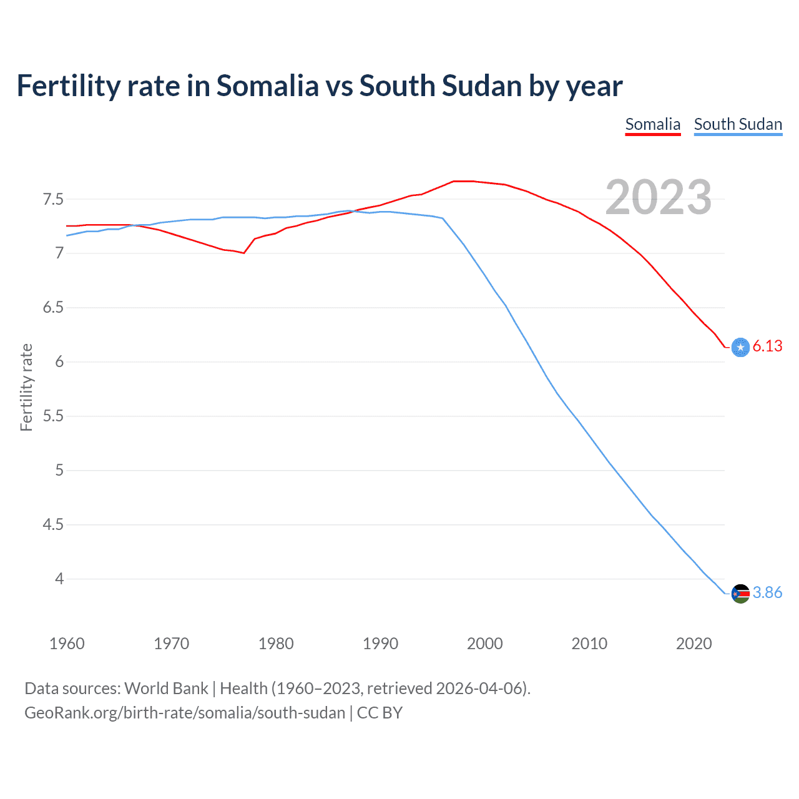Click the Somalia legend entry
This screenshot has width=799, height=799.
(x=652, y=124)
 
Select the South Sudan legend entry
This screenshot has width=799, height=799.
(x=738, y=124)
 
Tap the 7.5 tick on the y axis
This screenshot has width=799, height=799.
(x=53, y=199)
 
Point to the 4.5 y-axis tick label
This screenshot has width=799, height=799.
(x=53, y=524)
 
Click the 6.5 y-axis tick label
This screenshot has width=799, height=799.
(x=53, y=307)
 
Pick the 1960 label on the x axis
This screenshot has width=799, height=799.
(x=67, y=644)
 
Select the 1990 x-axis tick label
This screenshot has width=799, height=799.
(x=380, y=644)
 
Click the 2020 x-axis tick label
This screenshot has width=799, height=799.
(x=694, y=644)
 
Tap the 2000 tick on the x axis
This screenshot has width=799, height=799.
(x=484, y=644)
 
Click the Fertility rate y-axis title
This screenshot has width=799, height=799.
(x=26, y=387)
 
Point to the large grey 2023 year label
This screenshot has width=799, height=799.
(x=659, y=197)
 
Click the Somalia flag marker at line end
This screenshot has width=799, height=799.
(x=740, y=347)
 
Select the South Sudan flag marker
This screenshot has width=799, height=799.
(x=740, y=593)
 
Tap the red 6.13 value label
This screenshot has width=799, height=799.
(x=767, y=346)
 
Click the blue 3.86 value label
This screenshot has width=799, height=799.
(x=767, y=592)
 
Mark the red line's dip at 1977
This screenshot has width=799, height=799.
(x=243, y=253)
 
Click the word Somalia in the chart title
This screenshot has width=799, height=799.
(x=267, y=86)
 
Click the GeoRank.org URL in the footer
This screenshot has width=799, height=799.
(x=185, y=713)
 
